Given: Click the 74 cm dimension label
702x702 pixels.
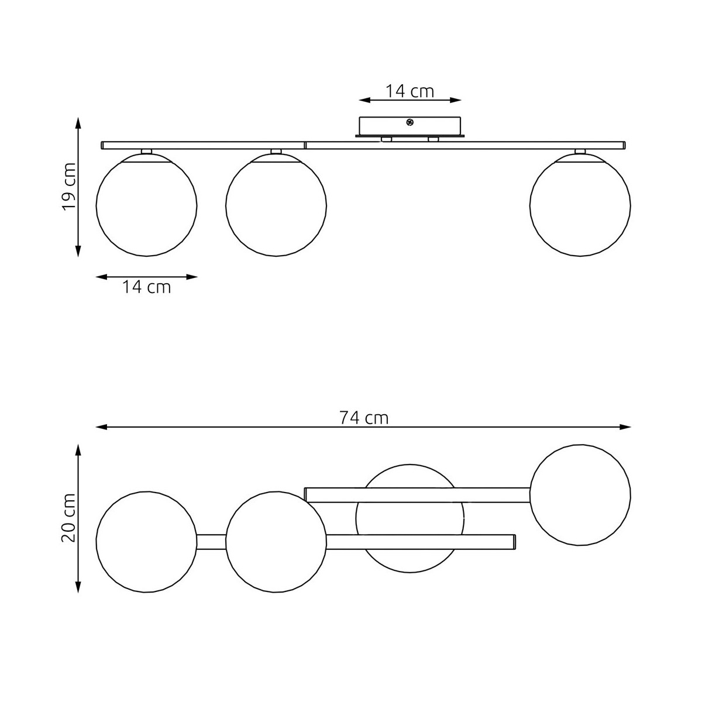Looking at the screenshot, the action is click(x=363, y=418).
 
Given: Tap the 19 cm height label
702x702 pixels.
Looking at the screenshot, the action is click(x=69, y=187).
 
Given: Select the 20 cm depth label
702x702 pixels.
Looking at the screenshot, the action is click(x=69, y=518).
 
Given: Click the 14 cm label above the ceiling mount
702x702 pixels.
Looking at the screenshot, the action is click(x=409, y=91).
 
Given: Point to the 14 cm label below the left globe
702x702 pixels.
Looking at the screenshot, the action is click(x=146, y=287).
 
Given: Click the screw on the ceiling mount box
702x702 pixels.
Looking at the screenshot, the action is click(x=409, y=123).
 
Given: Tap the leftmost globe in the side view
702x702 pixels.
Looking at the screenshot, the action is click(x=146, y=205).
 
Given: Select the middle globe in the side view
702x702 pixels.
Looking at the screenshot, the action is click(x=276, y=205).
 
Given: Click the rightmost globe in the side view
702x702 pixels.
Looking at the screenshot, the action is click(x=580, y=205).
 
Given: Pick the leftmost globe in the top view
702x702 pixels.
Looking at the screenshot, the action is click(x=146, y=542).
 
